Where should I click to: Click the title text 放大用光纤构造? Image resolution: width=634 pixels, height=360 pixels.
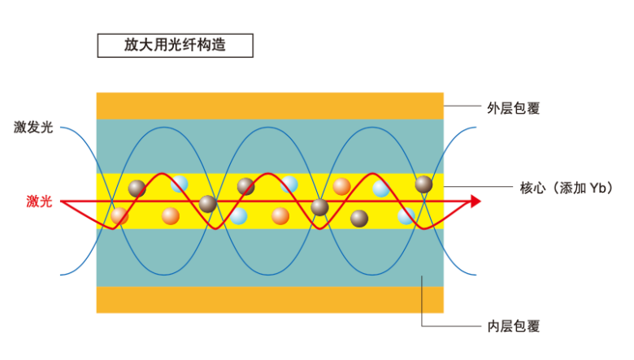pos(175,46)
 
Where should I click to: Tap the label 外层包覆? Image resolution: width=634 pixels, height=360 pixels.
pos(514,106)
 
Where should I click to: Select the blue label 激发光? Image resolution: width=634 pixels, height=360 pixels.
pos(33,127)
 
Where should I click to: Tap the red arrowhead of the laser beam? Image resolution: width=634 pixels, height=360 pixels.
pos(474,202)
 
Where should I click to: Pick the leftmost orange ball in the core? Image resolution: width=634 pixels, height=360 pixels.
pos(120,216)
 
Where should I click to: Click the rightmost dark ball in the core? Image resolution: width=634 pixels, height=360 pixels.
pos(423,184)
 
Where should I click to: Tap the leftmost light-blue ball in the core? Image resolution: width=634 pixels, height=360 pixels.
pos(180,184)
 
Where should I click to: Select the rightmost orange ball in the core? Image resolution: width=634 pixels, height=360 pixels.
pos(342,186)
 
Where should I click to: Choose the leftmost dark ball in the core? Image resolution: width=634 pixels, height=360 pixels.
pos(137,189)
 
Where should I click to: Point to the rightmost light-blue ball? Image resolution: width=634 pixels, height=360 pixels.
pos(406,216)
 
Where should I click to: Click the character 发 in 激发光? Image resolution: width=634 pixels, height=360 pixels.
pos(33,127)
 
